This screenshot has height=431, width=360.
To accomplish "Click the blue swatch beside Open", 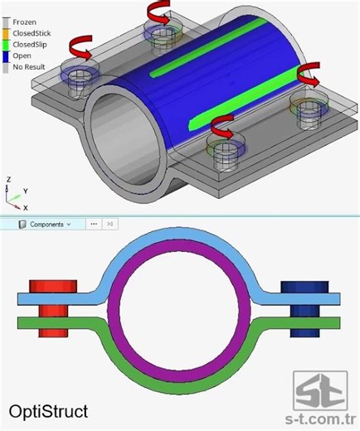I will pyautogui.click(x=6, y=56).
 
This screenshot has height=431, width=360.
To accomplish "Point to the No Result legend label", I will pyautogui.click(x=29, y=67).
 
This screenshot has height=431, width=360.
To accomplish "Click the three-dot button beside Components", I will pyautogui.click(x=94, y=224).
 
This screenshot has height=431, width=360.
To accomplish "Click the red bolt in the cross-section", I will pyautogui.click(x=53, y=307).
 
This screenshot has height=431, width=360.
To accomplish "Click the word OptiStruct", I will pyautogui.click(x=48, y=410).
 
